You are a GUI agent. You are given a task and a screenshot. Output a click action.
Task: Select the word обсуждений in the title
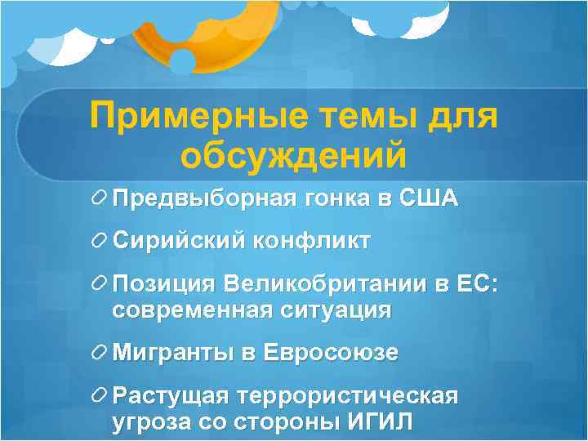294,155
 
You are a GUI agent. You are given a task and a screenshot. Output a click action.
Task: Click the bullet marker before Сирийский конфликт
100,242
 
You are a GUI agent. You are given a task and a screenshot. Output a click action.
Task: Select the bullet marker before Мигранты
100,354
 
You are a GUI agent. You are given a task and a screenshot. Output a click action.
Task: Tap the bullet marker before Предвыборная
100,198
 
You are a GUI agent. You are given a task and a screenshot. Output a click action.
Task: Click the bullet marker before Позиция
100,285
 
